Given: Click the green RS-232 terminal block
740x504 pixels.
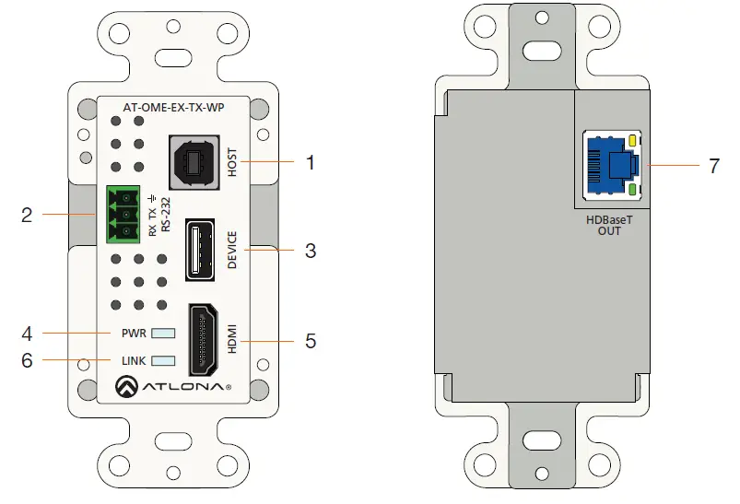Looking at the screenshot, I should click(x=121, y=214).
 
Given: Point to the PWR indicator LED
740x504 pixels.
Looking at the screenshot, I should click(x=163, y=333).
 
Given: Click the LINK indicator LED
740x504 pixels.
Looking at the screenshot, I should click(x=163, y=360).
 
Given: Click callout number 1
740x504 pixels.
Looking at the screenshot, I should click(x=311, y=163).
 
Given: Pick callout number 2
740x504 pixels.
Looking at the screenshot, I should click(x=27, y=216).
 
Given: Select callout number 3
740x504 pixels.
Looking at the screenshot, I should click(x=311, y=250).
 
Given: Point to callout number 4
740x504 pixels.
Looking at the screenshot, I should click(x=27, y=332).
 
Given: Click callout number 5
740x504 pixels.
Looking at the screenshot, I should click(x=311, y=341).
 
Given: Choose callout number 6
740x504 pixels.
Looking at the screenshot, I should click(x=27, y=360).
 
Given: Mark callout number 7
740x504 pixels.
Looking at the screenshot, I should click(x=713, y=166).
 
